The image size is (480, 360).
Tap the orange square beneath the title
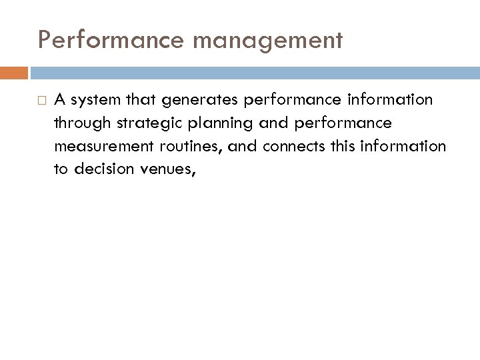pyautogui.click(x=19, y=71)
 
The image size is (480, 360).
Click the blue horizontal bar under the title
pyautogui.click(x=253, y=71)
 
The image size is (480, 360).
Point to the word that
pyautogui.click(x=142, y=100)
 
